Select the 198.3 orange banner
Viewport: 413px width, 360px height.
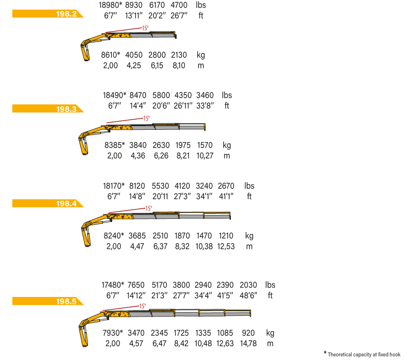coord(48,108)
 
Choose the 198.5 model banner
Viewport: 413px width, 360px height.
coord(48,301)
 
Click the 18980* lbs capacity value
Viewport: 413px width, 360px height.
coord(110,5)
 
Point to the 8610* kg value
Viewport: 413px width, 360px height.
coord(110,55)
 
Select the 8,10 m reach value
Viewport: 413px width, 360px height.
coord(179,65)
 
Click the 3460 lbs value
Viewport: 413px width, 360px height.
coord(205,95)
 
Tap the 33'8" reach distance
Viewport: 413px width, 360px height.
coord(205,106)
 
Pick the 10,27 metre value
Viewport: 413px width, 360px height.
coord(205,156)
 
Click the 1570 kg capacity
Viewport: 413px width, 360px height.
coord(205,145)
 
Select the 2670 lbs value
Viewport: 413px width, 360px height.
coord(226,186)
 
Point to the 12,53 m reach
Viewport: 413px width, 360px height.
coord(226,246)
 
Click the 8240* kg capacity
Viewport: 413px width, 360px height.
coord(114,236)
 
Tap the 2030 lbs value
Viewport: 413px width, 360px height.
coord(248,285)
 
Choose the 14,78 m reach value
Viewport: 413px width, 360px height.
coord(248,344)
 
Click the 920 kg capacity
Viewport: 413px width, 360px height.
coord(248,333)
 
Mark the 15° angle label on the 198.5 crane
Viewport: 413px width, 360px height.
coord(143,306)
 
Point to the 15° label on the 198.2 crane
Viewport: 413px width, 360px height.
coord(146,28)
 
